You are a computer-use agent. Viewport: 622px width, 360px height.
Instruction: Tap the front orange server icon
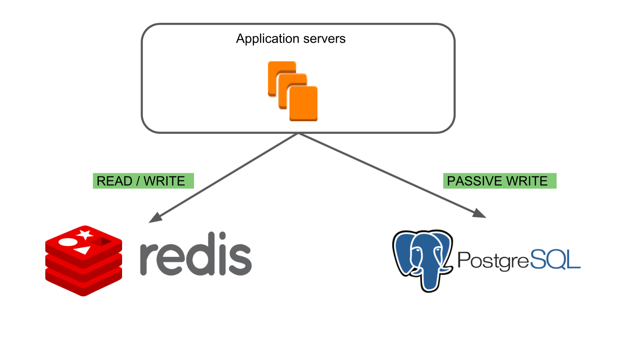[303, 104]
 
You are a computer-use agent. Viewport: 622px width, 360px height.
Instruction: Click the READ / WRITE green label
[143, 181]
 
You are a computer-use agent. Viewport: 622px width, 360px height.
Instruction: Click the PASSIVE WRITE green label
[499, 181]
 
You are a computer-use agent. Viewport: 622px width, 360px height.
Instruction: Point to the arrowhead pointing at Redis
[155, 218]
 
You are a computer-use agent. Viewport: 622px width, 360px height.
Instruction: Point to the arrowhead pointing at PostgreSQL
[479, 213]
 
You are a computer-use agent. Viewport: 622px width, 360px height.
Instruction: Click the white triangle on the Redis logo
[83, 251]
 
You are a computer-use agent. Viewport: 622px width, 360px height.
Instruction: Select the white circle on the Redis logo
[66, 242]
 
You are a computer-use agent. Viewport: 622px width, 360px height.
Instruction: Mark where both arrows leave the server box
[298, 134]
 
